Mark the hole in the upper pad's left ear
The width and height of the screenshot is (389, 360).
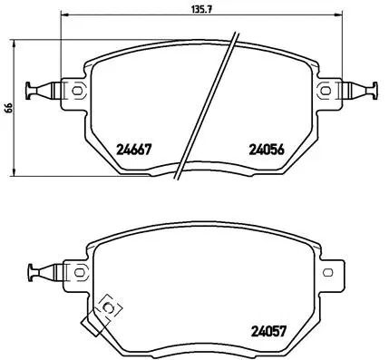click(76, 89)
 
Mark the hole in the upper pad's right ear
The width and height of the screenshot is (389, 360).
click(325, 89)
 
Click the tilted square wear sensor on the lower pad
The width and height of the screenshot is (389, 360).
click(110, 308)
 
